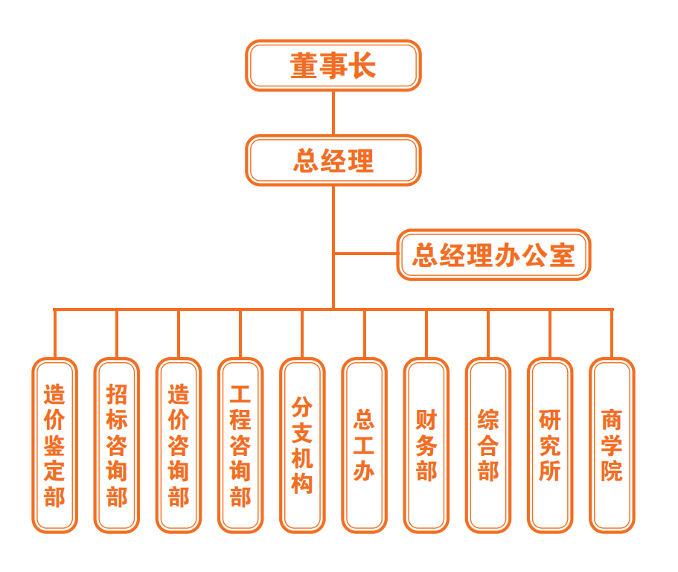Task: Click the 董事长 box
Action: click(x=333, y=65)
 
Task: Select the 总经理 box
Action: click(x=333, y=160)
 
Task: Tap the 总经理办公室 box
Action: click(x=493, y=255)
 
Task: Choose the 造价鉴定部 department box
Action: click(x=54, y=445)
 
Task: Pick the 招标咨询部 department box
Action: click(x=117, y=445)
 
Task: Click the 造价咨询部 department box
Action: click(x=179, y=445)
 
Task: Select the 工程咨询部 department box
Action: click(x=240, y=445)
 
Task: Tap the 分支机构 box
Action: click(x=302, y=445)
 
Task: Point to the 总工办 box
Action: click(x=364, y=445)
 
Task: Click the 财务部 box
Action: click(x=426, y=445)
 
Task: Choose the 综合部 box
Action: click(x=488, y=445)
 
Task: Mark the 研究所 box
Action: click(x=550, y=445)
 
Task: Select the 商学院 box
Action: click(x=612, y=445)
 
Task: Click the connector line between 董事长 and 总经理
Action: click(x=333, y=113)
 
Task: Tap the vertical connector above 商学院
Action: click(x=612, y=333)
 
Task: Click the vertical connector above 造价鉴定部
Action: click(x=54, y=333)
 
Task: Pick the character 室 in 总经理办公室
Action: click(x=561, y=255)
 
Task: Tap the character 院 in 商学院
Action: click(x=612, y=472)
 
